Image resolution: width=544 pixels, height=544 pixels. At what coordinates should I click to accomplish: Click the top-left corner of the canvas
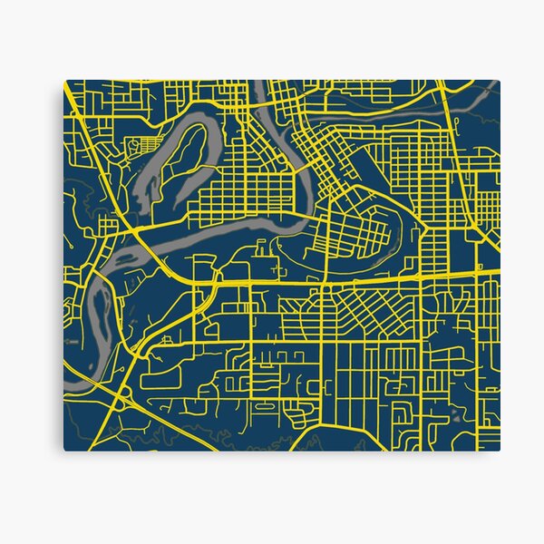click(x=64, y=81)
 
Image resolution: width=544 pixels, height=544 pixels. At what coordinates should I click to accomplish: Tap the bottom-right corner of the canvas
click(x=500, y=451)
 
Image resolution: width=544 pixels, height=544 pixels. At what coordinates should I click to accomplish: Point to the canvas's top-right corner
click(x=500, y=80)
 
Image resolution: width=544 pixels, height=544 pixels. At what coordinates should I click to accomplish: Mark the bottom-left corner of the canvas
click(x=63, y=451)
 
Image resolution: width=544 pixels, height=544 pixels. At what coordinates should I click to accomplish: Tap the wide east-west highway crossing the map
click(x=363, y=280)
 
